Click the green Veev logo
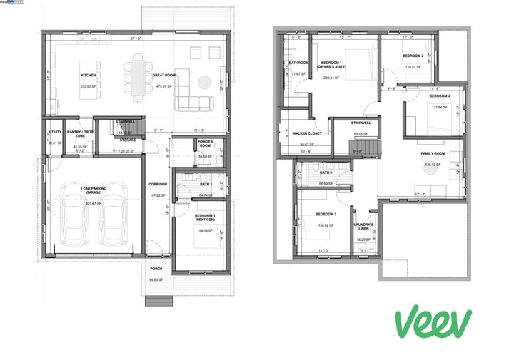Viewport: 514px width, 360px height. [x=433, y=323]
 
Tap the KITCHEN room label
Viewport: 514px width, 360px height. [x=88, y=75]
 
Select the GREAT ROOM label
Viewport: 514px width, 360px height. [x=165, y=75]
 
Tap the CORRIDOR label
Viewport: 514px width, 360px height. [x=158, y=184]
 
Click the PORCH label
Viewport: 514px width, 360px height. [x=156, y=269]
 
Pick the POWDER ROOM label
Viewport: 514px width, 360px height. [x=205, y=145]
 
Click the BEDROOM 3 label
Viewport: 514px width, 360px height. [x=326, y=214]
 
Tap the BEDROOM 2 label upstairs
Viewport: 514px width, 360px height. [x=413, y=56]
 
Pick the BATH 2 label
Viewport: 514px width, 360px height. [x=326, y=173]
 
